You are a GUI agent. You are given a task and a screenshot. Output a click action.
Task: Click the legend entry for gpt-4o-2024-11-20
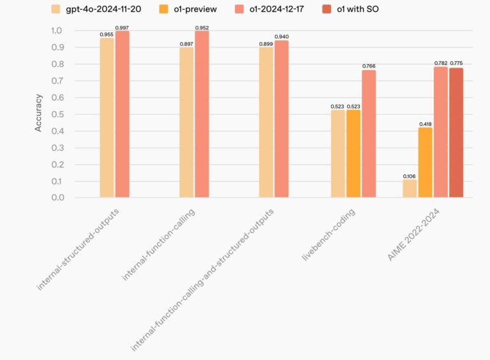(x=101, y=9)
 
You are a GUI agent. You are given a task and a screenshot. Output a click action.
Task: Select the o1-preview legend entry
(x=191, y=9)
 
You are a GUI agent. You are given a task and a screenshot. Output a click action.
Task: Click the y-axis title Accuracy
(x=38, y=113)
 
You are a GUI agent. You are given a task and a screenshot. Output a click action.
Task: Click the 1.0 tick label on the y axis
(x=57, y=31)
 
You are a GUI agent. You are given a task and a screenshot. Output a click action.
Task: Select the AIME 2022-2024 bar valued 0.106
(x=410, y=188)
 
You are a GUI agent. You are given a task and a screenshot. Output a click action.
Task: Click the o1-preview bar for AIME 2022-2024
(x=425, y=162)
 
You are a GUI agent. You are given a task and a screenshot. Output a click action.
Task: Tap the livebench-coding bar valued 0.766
(x=369, y=133)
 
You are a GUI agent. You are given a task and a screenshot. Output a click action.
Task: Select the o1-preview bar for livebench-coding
(x=353, y=154)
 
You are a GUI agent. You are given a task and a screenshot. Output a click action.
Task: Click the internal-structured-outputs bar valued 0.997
(x=122, y=114)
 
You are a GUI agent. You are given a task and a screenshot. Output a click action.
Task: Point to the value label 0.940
(x=281, y=36)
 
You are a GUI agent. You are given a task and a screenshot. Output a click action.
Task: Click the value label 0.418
(x=425, y=123)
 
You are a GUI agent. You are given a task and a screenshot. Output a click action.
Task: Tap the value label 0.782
(x=441, y=63)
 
